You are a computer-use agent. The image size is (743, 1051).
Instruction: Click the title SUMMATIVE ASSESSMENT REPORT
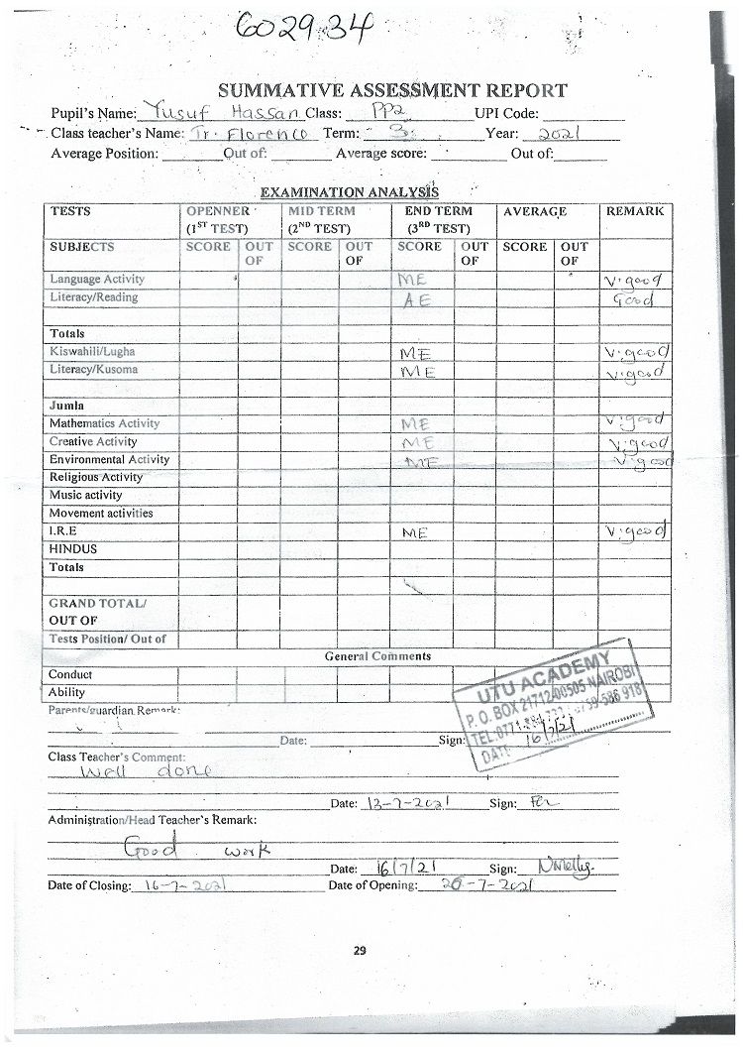392,90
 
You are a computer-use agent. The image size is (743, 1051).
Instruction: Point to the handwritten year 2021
555,133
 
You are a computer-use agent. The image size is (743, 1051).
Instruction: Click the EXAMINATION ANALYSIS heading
349,192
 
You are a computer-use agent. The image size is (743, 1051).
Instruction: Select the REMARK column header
634,211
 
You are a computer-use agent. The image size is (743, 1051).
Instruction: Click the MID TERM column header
321,211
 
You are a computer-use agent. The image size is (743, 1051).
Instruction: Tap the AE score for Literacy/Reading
412,299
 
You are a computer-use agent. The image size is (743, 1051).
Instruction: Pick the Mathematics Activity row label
105,423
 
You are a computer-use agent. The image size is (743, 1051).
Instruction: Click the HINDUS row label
73,549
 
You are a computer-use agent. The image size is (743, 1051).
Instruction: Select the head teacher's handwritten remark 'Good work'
189,849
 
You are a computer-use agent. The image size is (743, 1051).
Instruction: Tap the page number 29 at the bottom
360,951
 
